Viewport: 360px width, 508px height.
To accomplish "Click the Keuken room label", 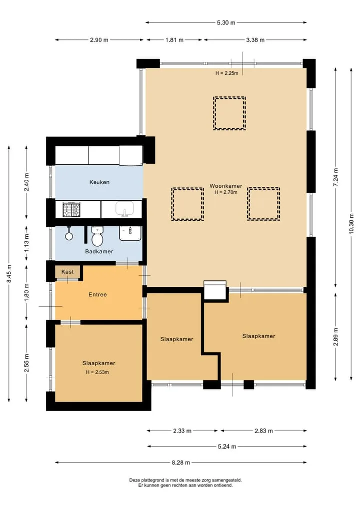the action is (x=99, y=182).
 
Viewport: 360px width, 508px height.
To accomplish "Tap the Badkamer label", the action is (x=99, y=251).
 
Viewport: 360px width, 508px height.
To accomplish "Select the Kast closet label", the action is (x=67, y=272).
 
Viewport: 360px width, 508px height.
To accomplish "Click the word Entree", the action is (x=97, y=295).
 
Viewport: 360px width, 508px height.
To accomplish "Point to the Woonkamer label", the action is (x=225, y=186).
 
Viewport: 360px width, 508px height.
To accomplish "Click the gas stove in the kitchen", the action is (x=71, y=209).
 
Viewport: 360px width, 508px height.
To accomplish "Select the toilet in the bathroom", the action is (x=97, y=236).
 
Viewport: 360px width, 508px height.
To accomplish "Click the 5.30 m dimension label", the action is (x=226, y=22).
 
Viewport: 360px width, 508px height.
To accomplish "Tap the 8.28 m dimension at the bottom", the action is (x=180, y=463).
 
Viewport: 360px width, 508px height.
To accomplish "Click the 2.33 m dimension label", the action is (x=182, y=431).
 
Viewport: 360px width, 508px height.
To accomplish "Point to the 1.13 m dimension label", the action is (x=26, y=243).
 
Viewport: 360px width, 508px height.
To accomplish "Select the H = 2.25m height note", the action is (x=226, y=73).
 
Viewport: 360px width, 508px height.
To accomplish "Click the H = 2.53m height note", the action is (x=97, y=372).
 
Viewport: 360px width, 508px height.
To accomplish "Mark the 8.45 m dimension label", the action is (x=9, y=274).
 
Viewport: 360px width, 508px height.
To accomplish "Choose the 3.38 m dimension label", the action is (x=255, y=40).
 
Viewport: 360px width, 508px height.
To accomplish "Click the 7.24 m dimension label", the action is (x=335, y=177).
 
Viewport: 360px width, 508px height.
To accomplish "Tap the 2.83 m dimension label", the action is (x=263, y=431).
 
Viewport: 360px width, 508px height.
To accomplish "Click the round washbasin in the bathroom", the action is (x=69, y=236).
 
